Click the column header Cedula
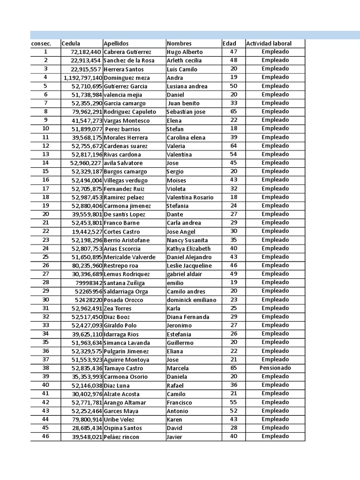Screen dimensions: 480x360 pyautogui.click(x=71, y=44)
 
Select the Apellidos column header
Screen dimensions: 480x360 pyautogui.click(x=116, y=44)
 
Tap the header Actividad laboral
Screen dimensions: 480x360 pyautogui.click(x=269, y=44)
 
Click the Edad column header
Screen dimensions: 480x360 pyautogui.click(x=229, y=44)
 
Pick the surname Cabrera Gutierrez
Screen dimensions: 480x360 pyautogui.click(x=127, y=52)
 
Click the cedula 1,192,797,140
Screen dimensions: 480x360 pyautogui.click(x=83, y=78)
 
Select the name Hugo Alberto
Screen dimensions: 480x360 pyautogui.click(x=185, y=52)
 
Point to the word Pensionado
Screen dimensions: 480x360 pyautogui.click(x=275, y=368)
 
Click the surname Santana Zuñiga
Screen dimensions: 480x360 pyautogui.click(x=124, y=283)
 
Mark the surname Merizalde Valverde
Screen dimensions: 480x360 pyautogui.click(x=129, y=257)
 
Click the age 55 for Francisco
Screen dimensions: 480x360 pyautogui.click(x=233, y=402)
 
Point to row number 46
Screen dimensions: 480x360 pyautogui.click(x=45, y=436)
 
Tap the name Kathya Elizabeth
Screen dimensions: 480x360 pyautogui.click(x=188, y=248)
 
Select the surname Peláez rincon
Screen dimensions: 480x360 pyautogui.click(x=121, y=437)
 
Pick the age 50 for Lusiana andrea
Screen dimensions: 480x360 pyautogui.click(x=233, y=86)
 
